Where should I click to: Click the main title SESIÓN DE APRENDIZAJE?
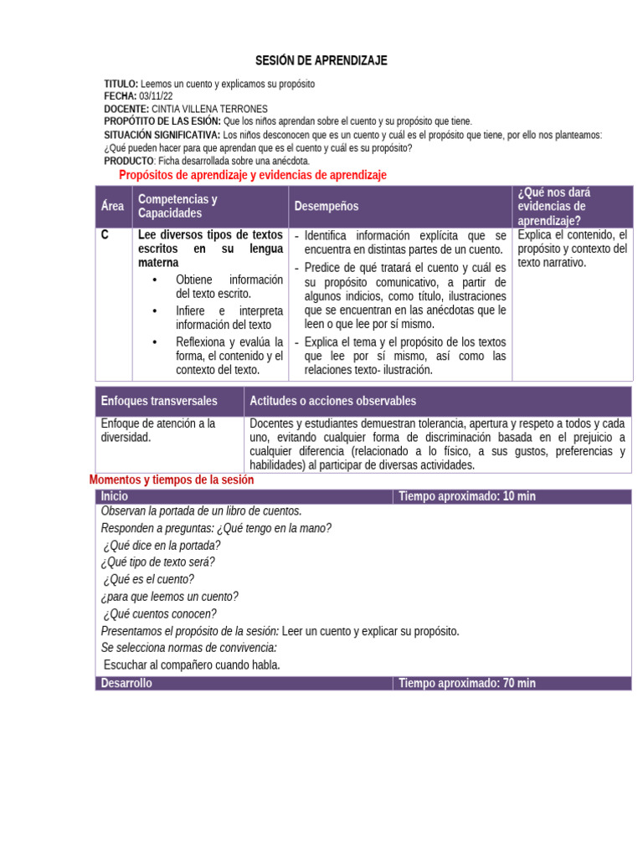(321, 61)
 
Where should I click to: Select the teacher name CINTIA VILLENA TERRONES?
(209, 110)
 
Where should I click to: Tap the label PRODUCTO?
(129, 161)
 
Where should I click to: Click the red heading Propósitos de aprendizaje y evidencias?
(253, 175)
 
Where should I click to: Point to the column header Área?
(112, 207)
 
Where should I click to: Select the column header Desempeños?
(326, 207)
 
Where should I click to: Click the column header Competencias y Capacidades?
(177, 207)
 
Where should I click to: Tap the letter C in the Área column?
(105, 235)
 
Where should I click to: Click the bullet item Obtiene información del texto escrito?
(229, 286)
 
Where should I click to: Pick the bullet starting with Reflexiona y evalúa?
(229, 356)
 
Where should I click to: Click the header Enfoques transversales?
(158, 402)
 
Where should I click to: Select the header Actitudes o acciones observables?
(332, 402)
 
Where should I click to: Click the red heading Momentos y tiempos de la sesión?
(171, 480)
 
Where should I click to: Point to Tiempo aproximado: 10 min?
(466, 496)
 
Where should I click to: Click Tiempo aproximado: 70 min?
(466, 683)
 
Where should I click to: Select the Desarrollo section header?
(126, 683)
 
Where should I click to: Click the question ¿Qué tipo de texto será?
(157, 562)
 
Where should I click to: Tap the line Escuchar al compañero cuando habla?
(192, 665)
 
